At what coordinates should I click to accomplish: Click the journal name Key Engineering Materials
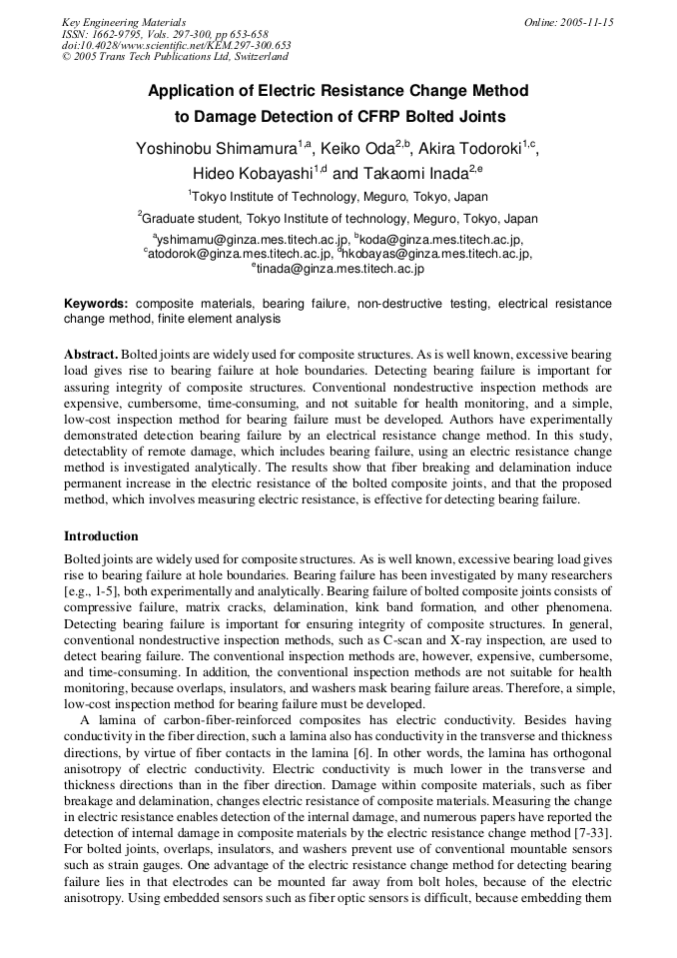point(124,21)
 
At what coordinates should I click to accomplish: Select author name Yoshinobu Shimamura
point(216,149)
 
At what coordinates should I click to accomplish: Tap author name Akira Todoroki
point(469,149)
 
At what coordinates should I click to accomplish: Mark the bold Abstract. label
point(92,355)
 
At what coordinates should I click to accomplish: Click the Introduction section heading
point(101,536)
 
